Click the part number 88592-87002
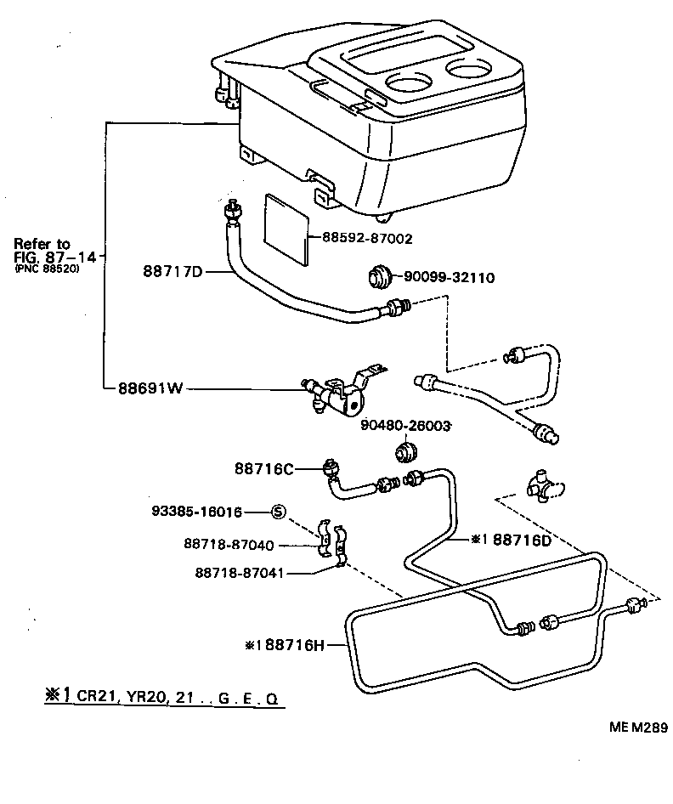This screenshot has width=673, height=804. click(367, 240)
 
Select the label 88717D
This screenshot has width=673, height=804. click(172, 273)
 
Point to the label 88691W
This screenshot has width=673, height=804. click(150, 388)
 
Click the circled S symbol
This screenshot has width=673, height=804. click(279, 512)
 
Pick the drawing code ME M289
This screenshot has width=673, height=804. click(637, 728)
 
